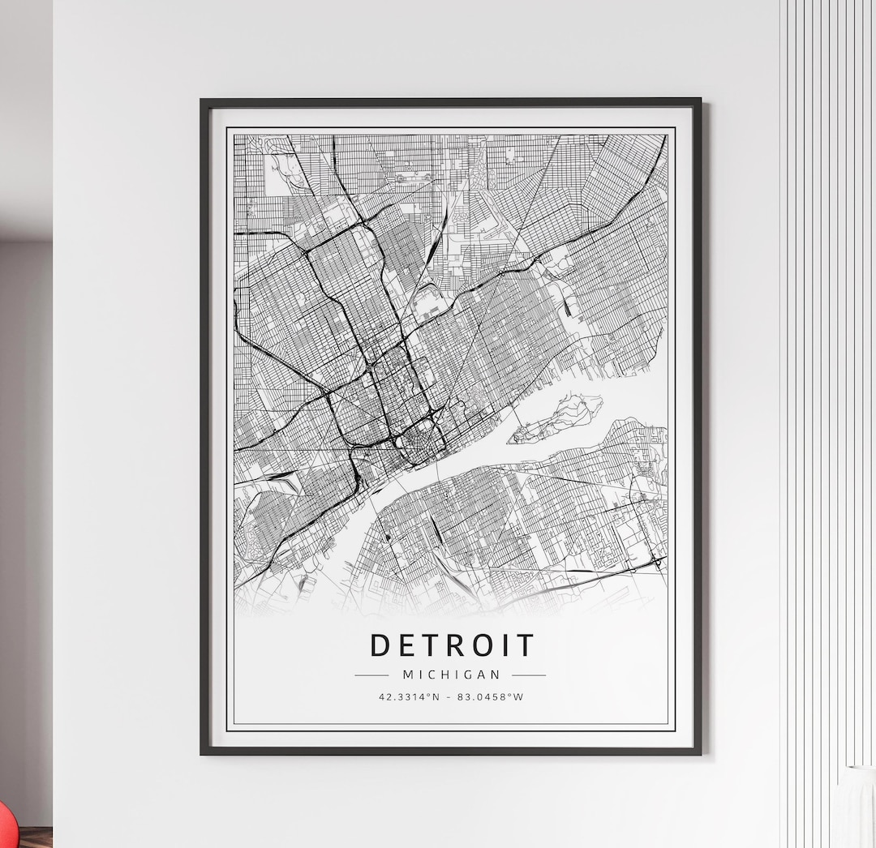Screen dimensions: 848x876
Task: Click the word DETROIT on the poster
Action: [x=452, y=646]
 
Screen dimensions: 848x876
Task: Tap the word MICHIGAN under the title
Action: [x=452, y=675]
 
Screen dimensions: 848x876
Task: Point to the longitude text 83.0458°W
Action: [x=491, y=696]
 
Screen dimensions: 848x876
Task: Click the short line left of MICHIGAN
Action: [x=371, y=675]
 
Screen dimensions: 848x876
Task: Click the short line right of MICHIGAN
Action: [x=529, y=675]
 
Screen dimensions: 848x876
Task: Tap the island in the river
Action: [x=556, y=418]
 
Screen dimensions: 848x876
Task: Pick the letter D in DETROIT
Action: [x=380, y=646]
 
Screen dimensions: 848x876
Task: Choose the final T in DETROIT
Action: [x=526, y=646]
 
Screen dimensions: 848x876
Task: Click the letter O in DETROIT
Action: [x=481, y=646]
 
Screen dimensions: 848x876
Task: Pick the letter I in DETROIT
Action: [x=505, y=646]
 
